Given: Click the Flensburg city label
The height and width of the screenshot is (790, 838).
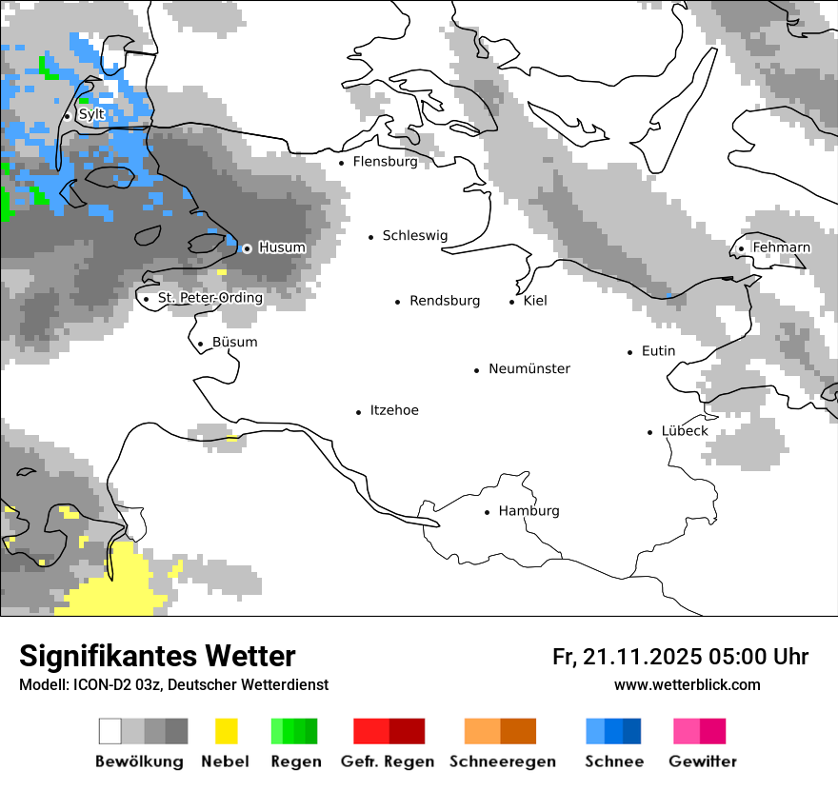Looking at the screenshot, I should coord(385,162).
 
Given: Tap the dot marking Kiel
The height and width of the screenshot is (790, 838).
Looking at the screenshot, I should coord(512,302).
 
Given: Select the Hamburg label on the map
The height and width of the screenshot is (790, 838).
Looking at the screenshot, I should coord(529,511).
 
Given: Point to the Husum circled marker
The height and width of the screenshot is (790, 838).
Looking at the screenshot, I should coord(247,248).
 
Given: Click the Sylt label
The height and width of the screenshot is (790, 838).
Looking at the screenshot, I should coord(91,114).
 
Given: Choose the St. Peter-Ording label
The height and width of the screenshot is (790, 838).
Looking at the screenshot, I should coord(209,298).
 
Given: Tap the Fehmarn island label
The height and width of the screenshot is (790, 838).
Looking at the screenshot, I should coord(781,247).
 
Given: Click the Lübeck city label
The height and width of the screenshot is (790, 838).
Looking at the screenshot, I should coord(685,431).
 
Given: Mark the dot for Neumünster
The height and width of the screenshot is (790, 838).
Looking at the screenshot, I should coord(477,370).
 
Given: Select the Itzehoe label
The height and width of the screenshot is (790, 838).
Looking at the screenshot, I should coord(394,410).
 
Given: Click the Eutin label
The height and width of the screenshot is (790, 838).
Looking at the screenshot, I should coord(658,351).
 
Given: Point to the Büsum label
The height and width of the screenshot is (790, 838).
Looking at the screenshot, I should coord(234,343).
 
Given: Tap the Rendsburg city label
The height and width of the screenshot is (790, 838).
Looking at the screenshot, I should coord(445,301).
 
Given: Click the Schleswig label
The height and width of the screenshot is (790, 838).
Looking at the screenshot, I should coord(414,236).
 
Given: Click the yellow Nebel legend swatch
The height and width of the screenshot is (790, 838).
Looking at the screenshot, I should coord(226,731).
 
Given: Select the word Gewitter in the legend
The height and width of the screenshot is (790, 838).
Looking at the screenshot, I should coord(703,761).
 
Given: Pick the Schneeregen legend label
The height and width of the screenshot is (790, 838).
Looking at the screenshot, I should coord(502,761).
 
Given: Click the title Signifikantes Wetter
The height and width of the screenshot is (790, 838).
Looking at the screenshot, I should coord(157,656).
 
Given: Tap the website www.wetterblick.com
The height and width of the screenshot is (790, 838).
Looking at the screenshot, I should coord(687,684).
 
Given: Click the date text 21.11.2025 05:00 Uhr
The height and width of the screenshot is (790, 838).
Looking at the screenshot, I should coord(680,657).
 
